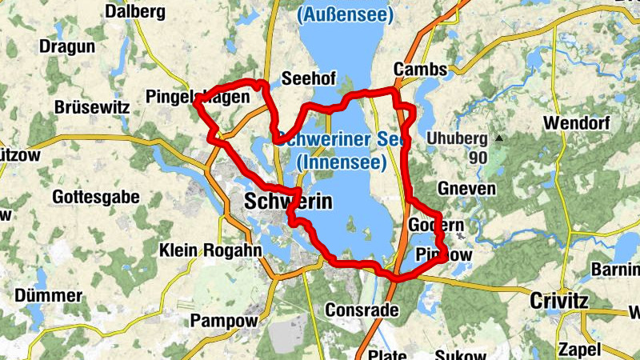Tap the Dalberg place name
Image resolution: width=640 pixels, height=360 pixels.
pyautogui.click(x=134, y=12)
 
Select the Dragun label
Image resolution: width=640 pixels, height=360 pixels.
pyautogui.click(x=68, y=46)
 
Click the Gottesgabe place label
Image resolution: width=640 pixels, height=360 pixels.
pyautogui.click(x=90, y=195)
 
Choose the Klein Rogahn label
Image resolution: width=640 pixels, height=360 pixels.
pyautogui.click(x=199, y=250)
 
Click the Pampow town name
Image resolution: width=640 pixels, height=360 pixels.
pyautogui.click(x=224, y=321)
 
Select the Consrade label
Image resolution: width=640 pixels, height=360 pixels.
pyautogui.click(x=357, y=310)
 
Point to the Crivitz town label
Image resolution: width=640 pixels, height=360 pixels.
pyautogui.click(x=559, y=301)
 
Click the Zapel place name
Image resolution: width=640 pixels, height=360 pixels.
pyautogui.click(x=580, y=350)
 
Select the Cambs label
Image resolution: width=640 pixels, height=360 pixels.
pyautogui.click(x=420, y=70)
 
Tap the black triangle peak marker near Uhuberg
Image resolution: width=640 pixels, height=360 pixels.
pyautogui.click(x=500, y=138)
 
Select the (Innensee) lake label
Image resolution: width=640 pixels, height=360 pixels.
pyautogui.click(x=342, y=162)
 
